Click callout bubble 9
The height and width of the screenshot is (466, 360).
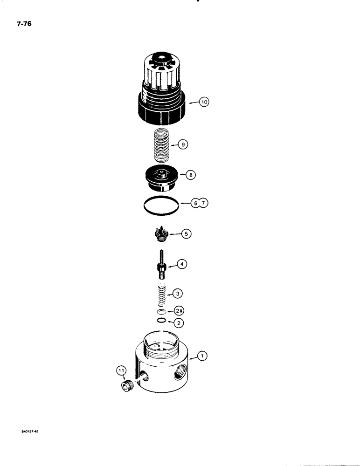pyautogui.click(x=184, y=145)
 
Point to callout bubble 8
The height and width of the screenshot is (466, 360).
pyautogui.click(x=190, y=176)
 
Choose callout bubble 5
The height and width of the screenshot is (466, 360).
pyautogui.click(x=187, y=234)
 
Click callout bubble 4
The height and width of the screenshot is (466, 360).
pyautogui.click(x=183, y=265)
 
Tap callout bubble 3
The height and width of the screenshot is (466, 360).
pyautogui.click(x=178, y=294)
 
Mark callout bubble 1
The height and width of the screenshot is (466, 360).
pyautogui.click(x=202, y=356)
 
